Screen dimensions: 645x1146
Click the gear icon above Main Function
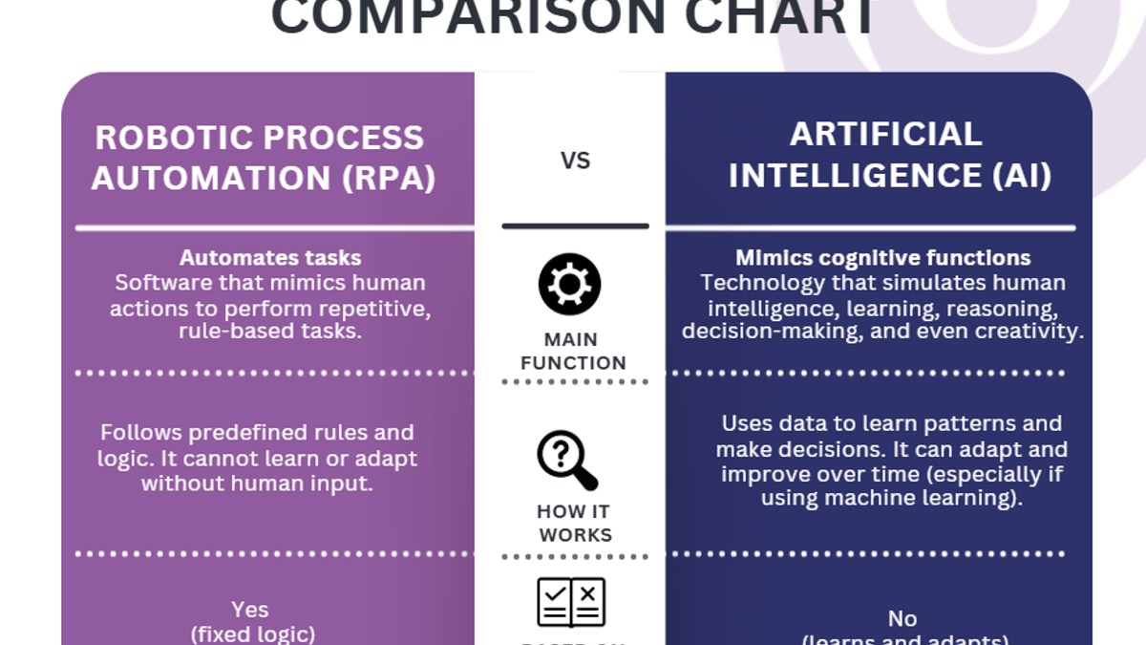tap(570, 285)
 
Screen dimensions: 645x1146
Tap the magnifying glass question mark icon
tap(567, 460)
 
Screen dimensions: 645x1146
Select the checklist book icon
tap(571, 602)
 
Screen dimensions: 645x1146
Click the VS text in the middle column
tap(575, 161)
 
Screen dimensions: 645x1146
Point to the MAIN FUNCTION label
tap(572, 351)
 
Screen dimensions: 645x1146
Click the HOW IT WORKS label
tap(574, 523)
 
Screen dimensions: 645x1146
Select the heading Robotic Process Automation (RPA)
tap(260, 158)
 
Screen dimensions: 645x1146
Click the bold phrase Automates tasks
tap(270, 258)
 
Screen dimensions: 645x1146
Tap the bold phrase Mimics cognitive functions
tap(882, 258)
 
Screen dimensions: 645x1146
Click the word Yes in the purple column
tap(250, 610)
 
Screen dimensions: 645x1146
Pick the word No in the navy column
tap(902, 618)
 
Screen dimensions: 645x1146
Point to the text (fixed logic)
tap(253, 634)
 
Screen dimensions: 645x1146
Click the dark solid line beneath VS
tap(575, 226)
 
